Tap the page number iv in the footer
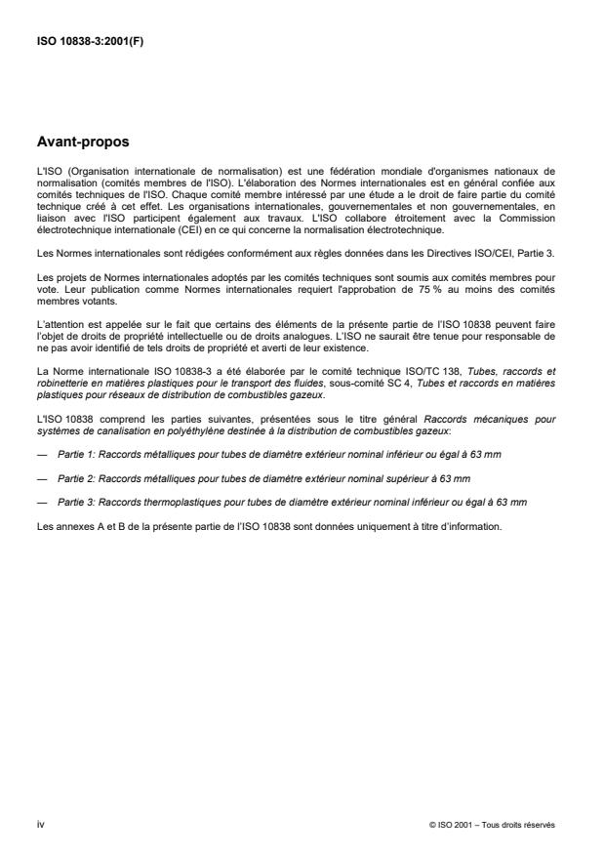tap(40, 826)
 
